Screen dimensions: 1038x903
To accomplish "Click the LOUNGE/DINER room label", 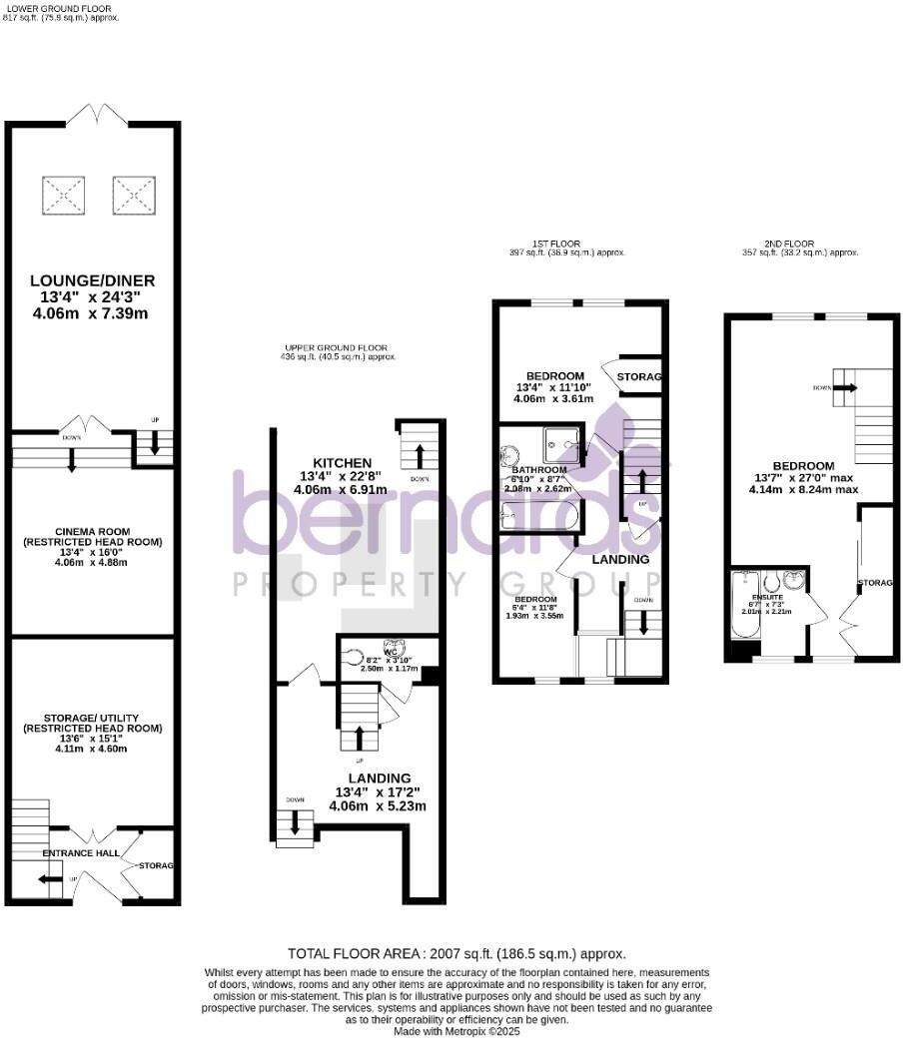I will point(91,280).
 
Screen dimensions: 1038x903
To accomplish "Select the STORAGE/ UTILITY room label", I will point(91,719).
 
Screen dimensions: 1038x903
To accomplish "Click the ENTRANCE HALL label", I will point(80,854).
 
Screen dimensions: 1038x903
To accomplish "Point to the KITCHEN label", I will point(343,463).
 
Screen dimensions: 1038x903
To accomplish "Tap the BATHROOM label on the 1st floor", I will point(539,470).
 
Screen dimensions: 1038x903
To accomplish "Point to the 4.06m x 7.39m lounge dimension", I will point(91,314).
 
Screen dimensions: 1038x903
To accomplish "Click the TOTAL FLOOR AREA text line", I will point(456,954).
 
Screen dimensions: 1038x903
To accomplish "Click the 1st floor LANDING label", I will point(620,559).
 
